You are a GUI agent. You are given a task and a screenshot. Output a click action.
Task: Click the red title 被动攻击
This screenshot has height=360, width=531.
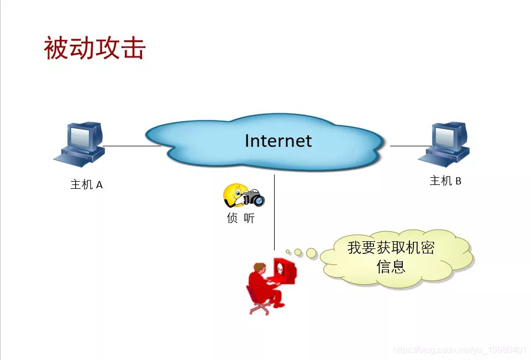click(x=95, y=48)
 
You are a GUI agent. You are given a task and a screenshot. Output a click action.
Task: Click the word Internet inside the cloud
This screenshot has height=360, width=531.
click(x=278, y=141)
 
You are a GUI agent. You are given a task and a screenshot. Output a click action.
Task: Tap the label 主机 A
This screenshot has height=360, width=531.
click(x=86, y=185)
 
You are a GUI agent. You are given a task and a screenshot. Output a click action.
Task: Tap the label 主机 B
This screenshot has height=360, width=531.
click(x=445, y=181)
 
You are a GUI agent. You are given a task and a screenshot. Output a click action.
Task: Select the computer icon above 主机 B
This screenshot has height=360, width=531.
click(x=444, y=145)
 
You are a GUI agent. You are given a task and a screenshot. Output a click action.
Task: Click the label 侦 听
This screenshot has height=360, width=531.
click(x=241, y=218)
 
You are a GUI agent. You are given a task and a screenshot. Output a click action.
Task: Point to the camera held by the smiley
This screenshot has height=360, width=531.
click(x=253, y=198)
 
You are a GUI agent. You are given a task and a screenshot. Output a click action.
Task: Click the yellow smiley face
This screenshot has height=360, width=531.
click(x=235, y=195)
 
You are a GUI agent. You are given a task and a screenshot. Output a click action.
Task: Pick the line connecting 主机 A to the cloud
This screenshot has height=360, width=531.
click(x=132, y=146)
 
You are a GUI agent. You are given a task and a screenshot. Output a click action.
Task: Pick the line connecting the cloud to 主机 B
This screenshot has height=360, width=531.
click(x=411, y=146)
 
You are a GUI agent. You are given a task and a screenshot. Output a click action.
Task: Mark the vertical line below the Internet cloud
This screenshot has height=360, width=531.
click(x=274, y=212)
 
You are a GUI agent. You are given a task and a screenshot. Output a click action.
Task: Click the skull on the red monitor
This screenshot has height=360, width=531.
click(x=280, y=269)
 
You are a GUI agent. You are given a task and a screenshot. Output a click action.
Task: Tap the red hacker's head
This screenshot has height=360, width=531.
click(x=260, y=269)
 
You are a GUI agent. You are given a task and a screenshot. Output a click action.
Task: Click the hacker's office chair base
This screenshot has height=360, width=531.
click(x=260, y=308)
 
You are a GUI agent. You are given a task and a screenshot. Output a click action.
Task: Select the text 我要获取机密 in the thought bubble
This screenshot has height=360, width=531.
click(x=391, y=248)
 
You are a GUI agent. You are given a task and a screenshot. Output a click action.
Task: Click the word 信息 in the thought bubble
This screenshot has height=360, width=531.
click(x=391, y=266)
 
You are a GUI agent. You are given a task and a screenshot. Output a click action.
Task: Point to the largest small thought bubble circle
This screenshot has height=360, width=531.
click(x=311, y=253)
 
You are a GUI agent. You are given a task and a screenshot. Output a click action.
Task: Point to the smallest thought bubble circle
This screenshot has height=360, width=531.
click(x=288, y=252)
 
